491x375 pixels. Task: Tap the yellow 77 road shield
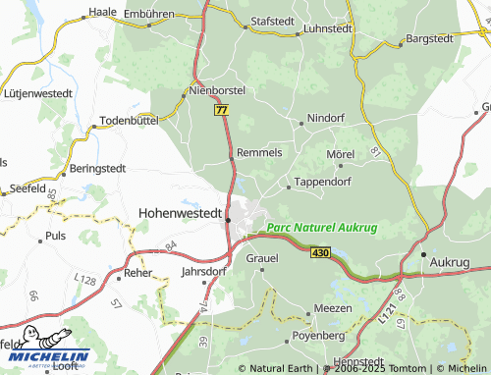[221, 112]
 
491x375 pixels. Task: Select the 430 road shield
[320, 252]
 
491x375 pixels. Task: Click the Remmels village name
[260, 153]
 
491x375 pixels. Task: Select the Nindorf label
[326, 118]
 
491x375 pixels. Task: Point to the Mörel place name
[340, 154]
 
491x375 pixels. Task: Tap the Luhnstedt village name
[328, 29]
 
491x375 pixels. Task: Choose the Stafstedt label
[273, 19]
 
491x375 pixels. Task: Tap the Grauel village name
[262, 258]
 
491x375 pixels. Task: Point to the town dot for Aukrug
[423, 254]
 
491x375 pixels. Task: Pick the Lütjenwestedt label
[39, 92]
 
